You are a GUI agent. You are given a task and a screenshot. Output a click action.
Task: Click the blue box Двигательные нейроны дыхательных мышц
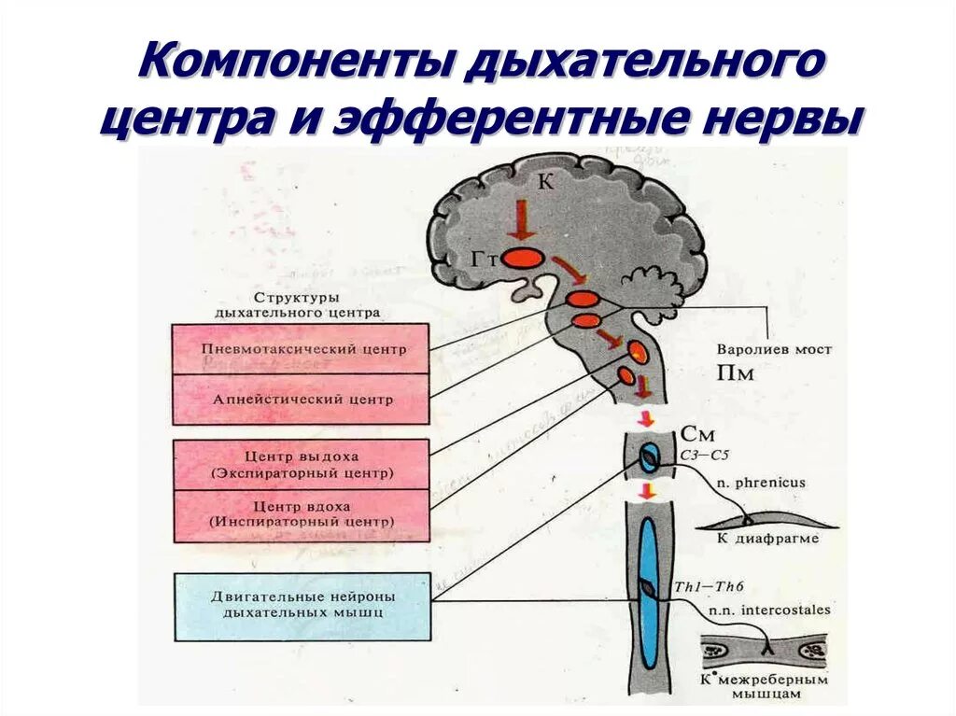(302, 606)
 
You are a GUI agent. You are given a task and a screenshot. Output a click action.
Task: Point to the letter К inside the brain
(545, 183)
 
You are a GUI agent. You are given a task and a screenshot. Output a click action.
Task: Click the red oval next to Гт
(524, 257)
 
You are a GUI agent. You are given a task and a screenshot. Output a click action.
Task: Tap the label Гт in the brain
(486, 259)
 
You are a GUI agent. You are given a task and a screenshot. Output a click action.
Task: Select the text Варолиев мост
(774, 350)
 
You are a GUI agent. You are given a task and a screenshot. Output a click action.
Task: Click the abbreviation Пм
(734, 374)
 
